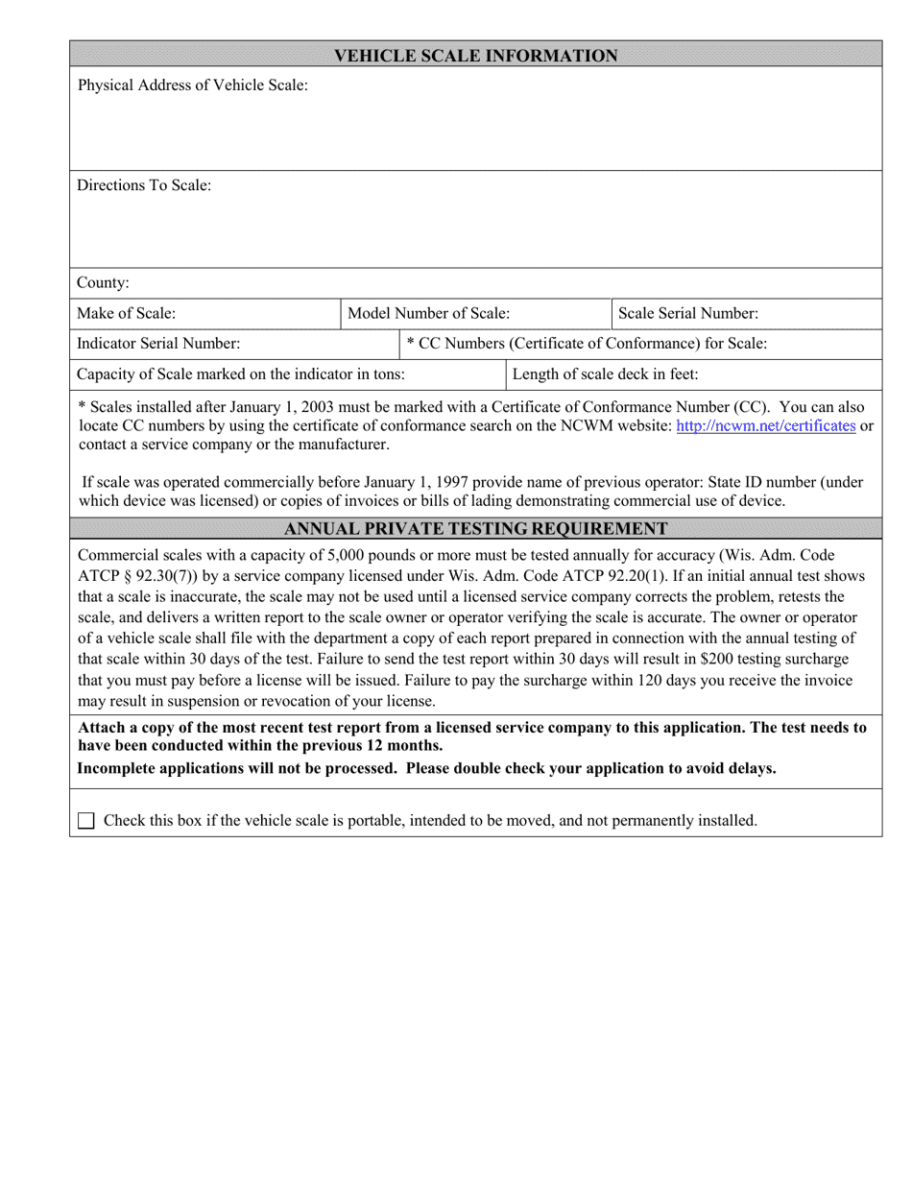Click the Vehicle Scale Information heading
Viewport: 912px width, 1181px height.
click(x=475, y=56)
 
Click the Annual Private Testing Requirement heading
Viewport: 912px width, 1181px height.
click(x=475, y=528)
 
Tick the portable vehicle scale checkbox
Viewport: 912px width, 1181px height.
click(x=86, y=821)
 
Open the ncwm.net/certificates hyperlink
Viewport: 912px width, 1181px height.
click(x=765, y=425)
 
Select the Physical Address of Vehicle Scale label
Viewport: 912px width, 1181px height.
click(x=192, y=85)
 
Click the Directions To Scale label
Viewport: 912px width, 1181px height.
click(x=144, y=185)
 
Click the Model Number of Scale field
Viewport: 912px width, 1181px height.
click(x=475, y=314)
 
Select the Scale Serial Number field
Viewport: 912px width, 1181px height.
click(x=746, y=314)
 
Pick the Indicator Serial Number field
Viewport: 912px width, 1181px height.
click(x=234, y=344)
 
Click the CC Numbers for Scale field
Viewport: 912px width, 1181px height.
click(x=640, y=344)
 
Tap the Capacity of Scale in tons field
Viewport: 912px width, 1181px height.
click(x=287, y=374)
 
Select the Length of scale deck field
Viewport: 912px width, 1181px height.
click(x=693, y=374)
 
